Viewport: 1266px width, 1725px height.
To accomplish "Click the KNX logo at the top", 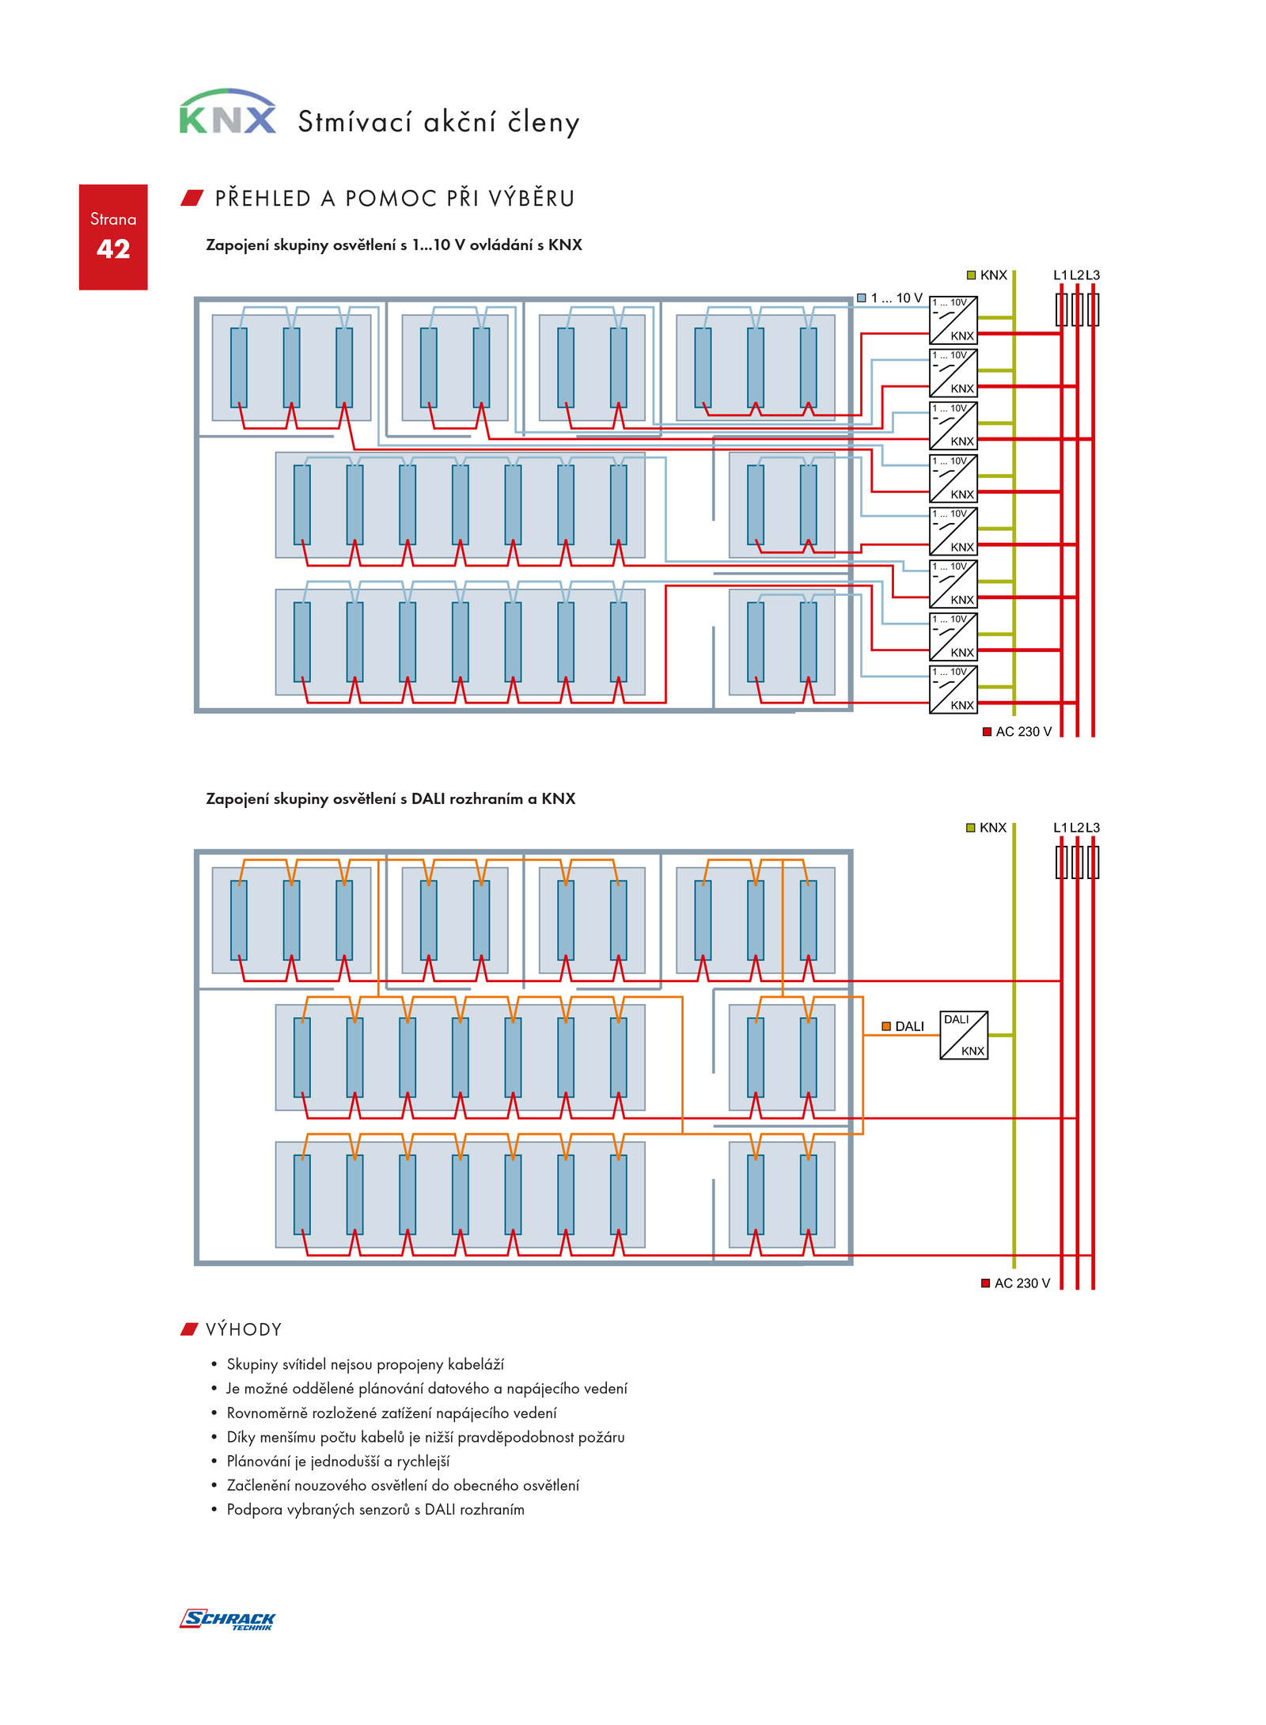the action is click(227, 112).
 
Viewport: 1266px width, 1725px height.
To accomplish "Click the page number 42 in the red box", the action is click(113, 248).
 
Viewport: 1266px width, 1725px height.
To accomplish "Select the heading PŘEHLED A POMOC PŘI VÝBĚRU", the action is click(394, 198).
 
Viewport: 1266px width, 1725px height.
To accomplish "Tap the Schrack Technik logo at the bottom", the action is click(227, 1619).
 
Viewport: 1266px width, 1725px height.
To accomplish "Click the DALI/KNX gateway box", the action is click(963, 1034).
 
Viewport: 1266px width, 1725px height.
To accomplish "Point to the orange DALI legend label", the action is click(903, 1026).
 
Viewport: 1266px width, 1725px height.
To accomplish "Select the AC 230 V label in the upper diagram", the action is click(1017, 731).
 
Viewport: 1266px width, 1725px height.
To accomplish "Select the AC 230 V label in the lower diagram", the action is click(1016, 1283).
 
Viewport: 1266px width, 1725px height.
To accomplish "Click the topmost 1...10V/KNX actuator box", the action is click(953, 320).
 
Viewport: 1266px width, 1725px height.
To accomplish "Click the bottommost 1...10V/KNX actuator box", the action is click(953, 689).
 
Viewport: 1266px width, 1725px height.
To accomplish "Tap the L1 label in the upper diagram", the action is click(1060, 275).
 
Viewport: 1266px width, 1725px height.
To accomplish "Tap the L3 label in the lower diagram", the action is click(1093, 828).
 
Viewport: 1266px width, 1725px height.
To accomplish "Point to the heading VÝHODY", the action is click(244, 1329).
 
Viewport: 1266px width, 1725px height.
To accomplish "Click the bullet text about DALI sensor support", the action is click(375, 1509).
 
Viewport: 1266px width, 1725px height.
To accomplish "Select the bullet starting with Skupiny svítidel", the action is click(365, 1364).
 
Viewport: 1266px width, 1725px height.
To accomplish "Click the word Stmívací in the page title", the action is click(355, 122).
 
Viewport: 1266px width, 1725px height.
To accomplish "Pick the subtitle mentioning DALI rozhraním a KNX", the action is click(390, 798).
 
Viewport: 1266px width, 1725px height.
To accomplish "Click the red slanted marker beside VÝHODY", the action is click(188, 1329).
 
